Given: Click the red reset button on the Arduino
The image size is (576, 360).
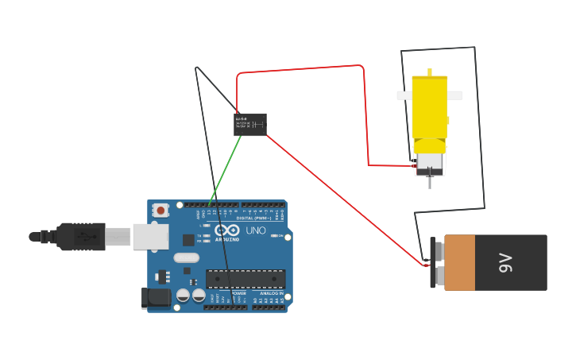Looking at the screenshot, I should pos(161,211).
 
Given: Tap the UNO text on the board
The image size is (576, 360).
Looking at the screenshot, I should pos(256,230).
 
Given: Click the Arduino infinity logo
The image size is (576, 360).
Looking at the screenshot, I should pos(226,231).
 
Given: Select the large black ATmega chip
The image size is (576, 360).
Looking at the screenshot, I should pos(245,278).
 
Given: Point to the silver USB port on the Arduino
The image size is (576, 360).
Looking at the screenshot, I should pos(150,236).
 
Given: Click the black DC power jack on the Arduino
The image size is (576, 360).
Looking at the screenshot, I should pos(157,298).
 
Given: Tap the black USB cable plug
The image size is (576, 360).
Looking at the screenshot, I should pos(80,236).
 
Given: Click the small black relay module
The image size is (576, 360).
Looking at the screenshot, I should pos(249,125).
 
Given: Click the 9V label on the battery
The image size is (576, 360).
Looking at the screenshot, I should pos(504,262).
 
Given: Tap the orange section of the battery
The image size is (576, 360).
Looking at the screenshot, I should pos(459,262).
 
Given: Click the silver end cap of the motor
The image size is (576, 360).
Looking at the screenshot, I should pos(430,163).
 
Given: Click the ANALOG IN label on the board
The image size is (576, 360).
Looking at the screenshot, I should pos(269,293).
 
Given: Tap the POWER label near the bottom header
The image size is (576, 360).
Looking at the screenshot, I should pos(238,293).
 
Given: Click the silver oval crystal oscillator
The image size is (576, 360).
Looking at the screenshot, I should pos(186,257).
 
